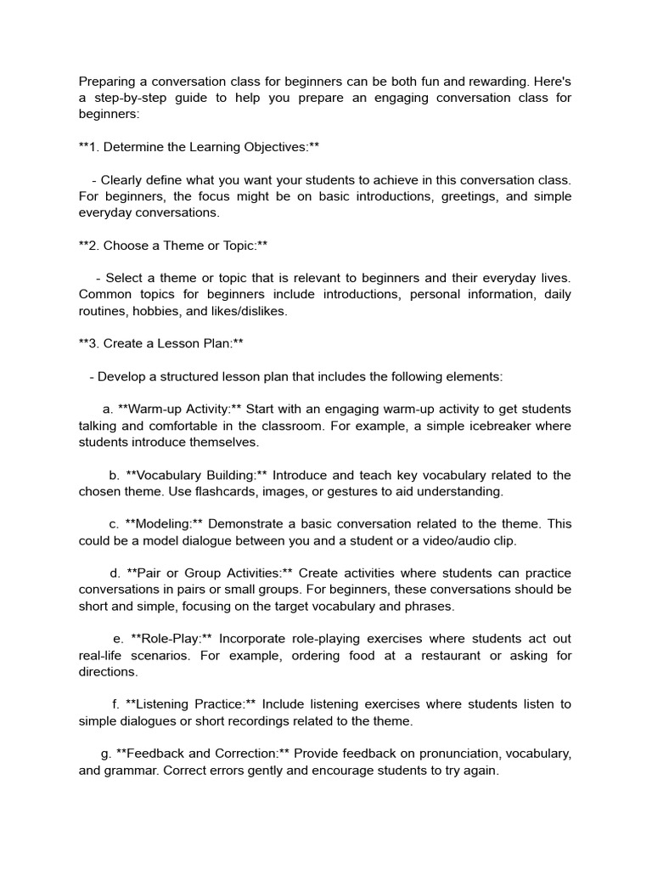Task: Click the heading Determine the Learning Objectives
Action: pyautogui.click(x=199, y=147)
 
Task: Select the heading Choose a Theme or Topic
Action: pyautogui.click(x=173, y=246)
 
